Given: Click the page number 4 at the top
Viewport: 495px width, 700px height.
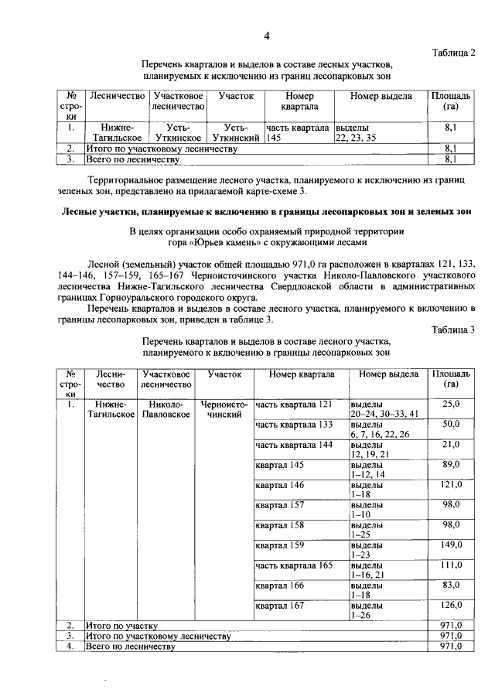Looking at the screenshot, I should pyautogui.click(x=267, y=36).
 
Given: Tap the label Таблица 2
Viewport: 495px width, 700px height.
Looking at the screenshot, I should pyautogui.click(x=454, y=52).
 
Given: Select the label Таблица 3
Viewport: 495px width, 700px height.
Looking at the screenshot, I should pyautogui.click(x=454, y=330).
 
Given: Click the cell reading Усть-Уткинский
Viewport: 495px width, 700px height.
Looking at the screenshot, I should pyautogui.click(x=236, y=131).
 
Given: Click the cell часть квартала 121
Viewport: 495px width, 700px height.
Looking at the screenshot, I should pyautogui.click(x=293, y=404).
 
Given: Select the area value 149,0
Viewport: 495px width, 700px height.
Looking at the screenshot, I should pyautogui.click(x=451, y=545).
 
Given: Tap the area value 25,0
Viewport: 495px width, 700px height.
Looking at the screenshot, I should pyautogui.click(x=451, y=404).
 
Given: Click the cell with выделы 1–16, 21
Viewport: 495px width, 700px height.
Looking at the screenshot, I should pyautogui.click(x=370, y=570).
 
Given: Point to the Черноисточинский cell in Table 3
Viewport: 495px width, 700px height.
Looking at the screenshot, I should pyautogui.click(x=224, y=409).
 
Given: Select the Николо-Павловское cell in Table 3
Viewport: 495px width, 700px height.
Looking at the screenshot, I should pyautogui.click(x=166, y=409).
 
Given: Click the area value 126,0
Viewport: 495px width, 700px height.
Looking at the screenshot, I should pyautogui.click(x=451, y=605).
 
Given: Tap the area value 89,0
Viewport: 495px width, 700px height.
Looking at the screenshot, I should pyautogui.click(x=451, y=464).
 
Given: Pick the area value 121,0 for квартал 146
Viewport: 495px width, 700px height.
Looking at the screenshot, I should pyautogui.click(x=451, y=484).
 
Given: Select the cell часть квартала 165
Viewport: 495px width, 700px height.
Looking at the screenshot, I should pyautogui.click(x=293, y=565).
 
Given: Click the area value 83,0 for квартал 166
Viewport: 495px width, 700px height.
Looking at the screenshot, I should pyautogui.click(x=451, y=585).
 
